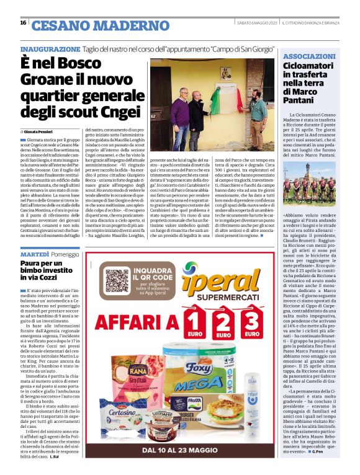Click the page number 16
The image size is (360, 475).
(x=23, y=23)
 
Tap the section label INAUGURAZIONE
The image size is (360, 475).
(x=50, y=49)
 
